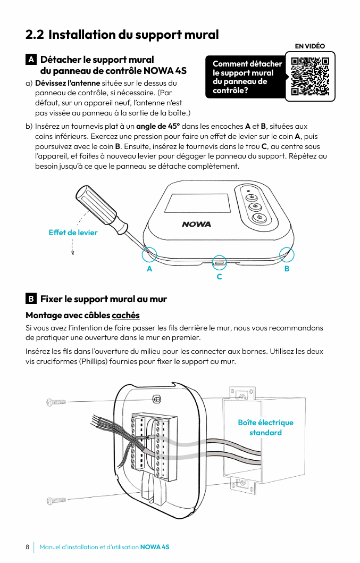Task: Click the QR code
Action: point(311,76)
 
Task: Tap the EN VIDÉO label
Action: point(309,46)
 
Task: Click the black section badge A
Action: point(31,60)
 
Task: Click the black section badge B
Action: point(31,299)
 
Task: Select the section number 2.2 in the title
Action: point(35,35)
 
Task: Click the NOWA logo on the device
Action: point(196,224)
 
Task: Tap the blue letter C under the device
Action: point(219,277)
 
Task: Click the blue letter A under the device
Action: point(149,269)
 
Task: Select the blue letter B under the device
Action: point(287,269)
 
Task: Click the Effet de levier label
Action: point(73,233)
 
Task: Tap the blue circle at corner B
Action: point(287,254)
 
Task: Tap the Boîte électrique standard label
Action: point(265,427)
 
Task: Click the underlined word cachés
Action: point(125,315)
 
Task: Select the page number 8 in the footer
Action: point(27,547)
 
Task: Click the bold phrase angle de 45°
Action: point(158,126)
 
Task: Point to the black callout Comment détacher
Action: point(247,77)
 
